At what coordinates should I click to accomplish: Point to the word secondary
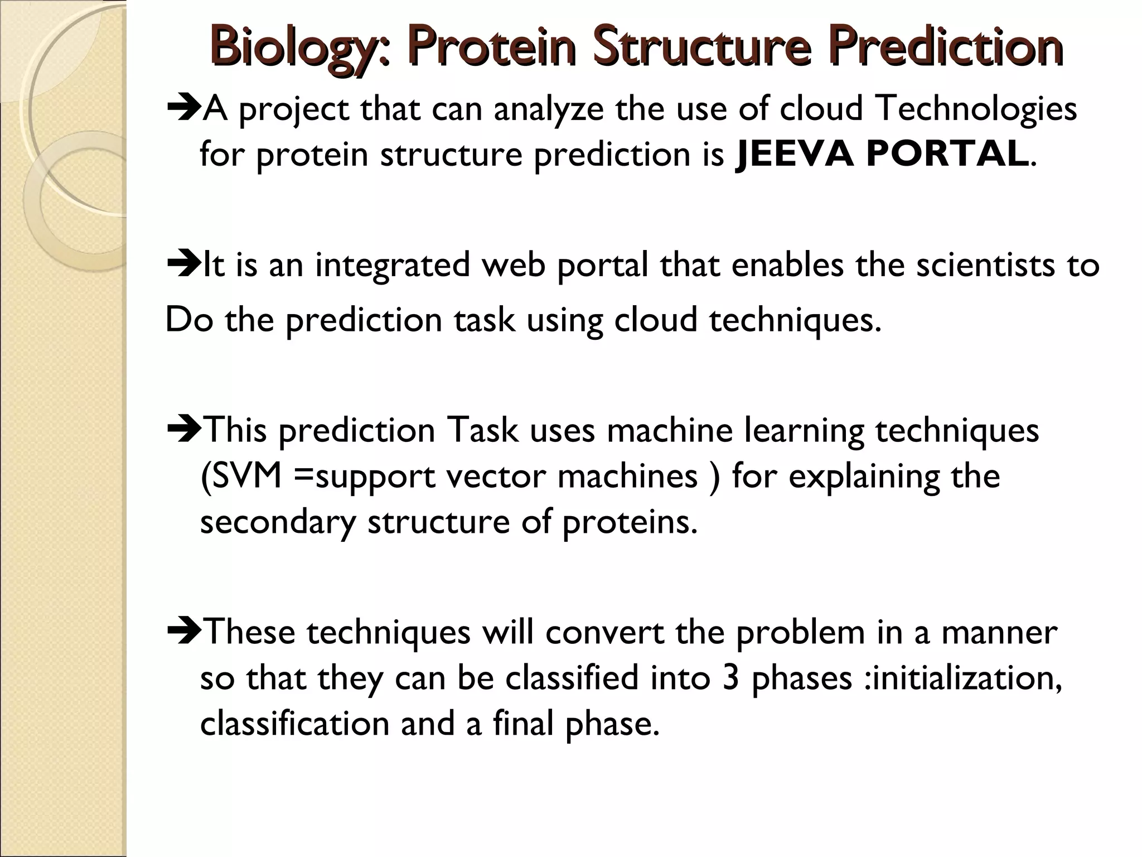coord(277,523)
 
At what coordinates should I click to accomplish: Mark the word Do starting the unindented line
coord(190,321)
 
